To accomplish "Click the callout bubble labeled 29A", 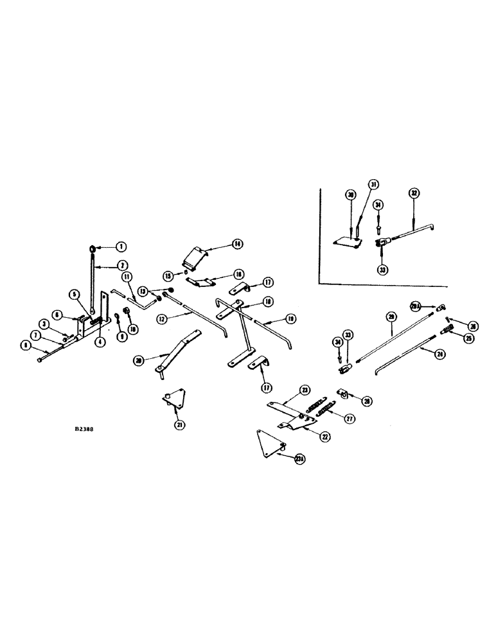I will [416, 306].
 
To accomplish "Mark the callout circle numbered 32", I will [413, 192].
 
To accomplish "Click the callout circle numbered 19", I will [291, 317].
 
